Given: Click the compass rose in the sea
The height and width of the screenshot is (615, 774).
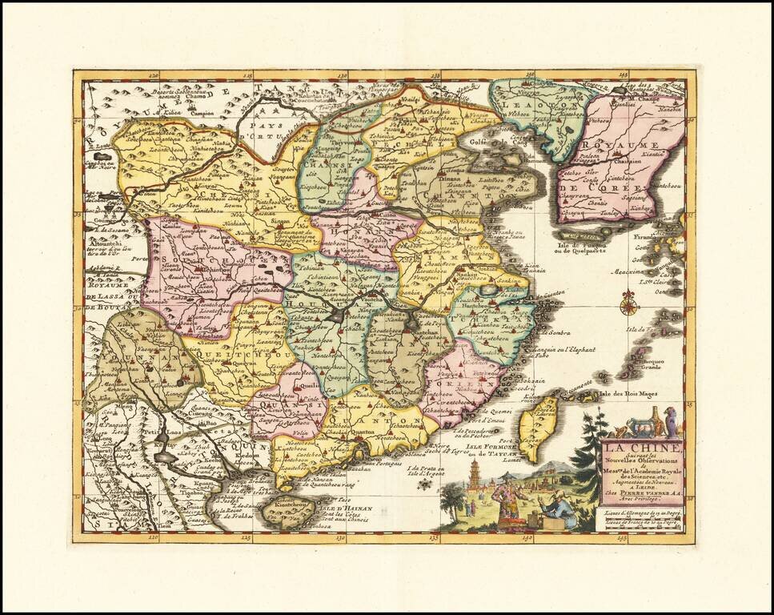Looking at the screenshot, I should (x=629, y=303).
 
